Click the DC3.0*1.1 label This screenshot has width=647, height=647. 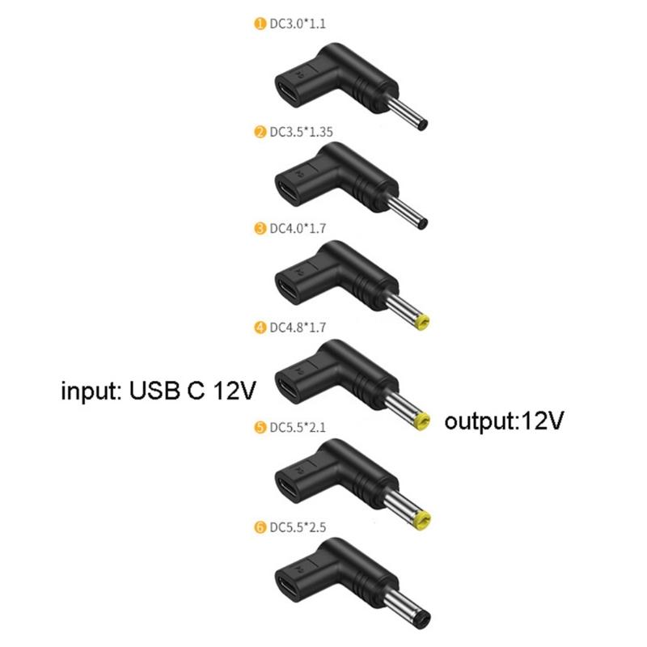click(x=298, y=24)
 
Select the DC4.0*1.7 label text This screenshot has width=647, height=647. click(x=298, y=229)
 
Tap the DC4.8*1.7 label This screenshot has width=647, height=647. click(x=298, y=328)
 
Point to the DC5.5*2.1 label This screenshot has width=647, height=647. click(x=298, y=428)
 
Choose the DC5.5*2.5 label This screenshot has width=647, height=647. click(x=298, y=527)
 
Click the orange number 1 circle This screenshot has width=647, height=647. click(x=260, y=24)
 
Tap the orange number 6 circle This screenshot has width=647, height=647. click(x=260, y=527)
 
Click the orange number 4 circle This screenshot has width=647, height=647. click(x=260, y=328)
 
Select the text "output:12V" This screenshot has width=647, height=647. click(x=504, y=421)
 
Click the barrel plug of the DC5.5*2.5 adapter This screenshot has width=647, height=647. click(x=409, y=611)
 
